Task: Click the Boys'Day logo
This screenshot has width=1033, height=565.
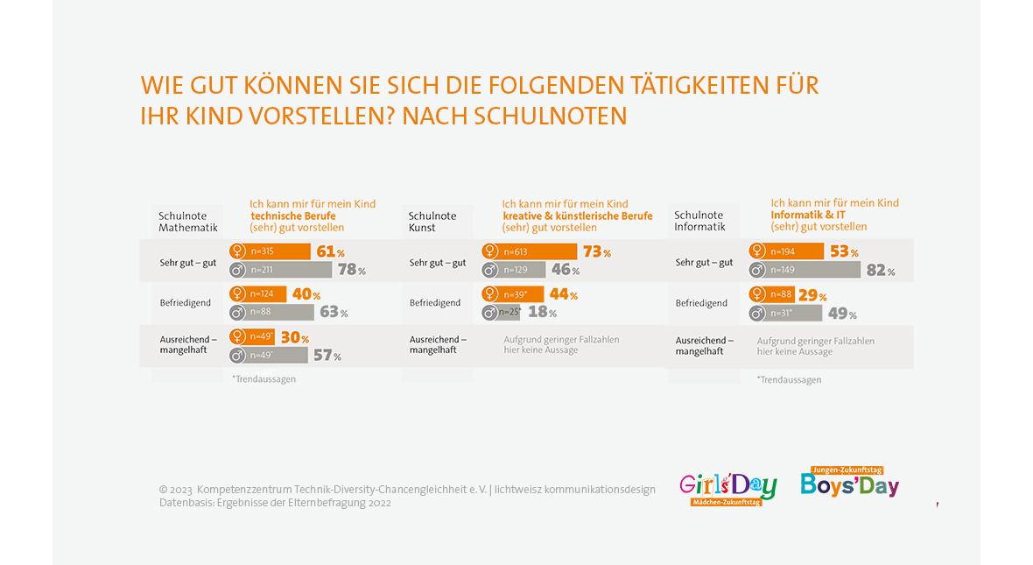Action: tap(849, 483)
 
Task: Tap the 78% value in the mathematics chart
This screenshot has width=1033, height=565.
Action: tap(351, 270)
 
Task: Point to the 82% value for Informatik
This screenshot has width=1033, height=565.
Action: tap(880, 271)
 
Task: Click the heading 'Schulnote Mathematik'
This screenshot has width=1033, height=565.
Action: tap(187, 222)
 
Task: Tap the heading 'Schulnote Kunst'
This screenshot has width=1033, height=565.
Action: tap(432, 222)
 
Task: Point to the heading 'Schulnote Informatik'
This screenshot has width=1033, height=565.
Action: tap(699, 221)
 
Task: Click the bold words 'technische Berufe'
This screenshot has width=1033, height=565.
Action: tap(293, 215)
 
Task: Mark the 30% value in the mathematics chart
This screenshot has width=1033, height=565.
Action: tap(294, 338)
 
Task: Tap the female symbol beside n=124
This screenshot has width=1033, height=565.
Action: tap(236, 294)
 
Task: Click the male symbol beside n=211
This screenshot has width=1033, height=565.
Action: tap(236, 270)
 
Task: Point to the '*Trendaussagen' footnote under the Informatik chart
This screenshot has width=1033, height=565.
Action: tap(789, 379)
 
